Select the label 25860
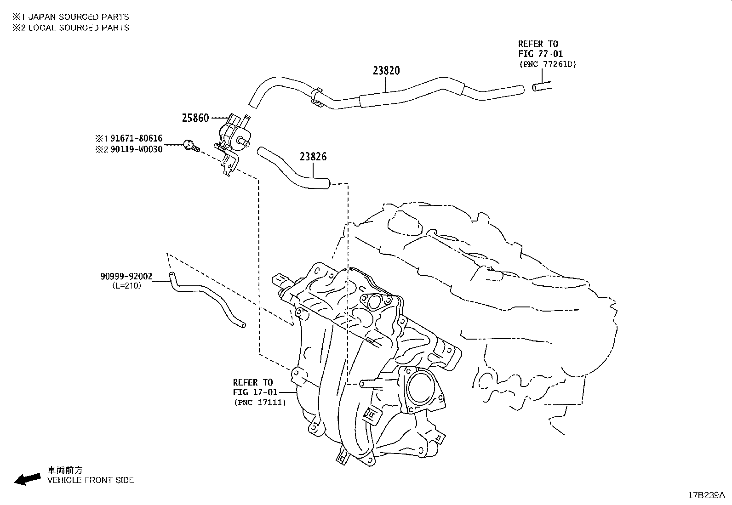tap(195, 118)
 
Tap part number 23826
tap(313, 157)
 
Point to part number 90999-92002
tap(126, 276)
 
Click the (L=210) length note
tap(126, 285)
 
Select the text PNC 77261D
tap(548, 64)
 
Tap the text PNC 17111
tap(259, 403)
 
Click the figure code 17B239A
tap(706, 495)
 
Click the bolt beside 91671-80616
tap(190, 146)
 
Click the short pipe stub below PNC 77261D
tap(542, 86)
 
